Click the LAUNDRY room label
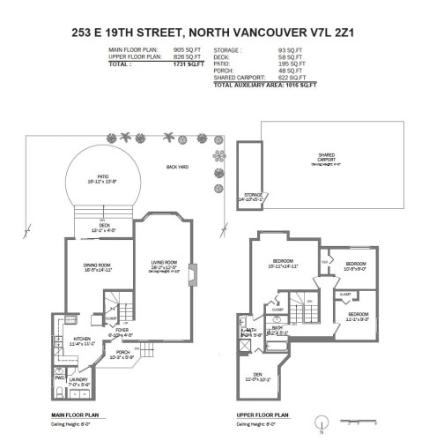pyautogui.click(x=80, y=380)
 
